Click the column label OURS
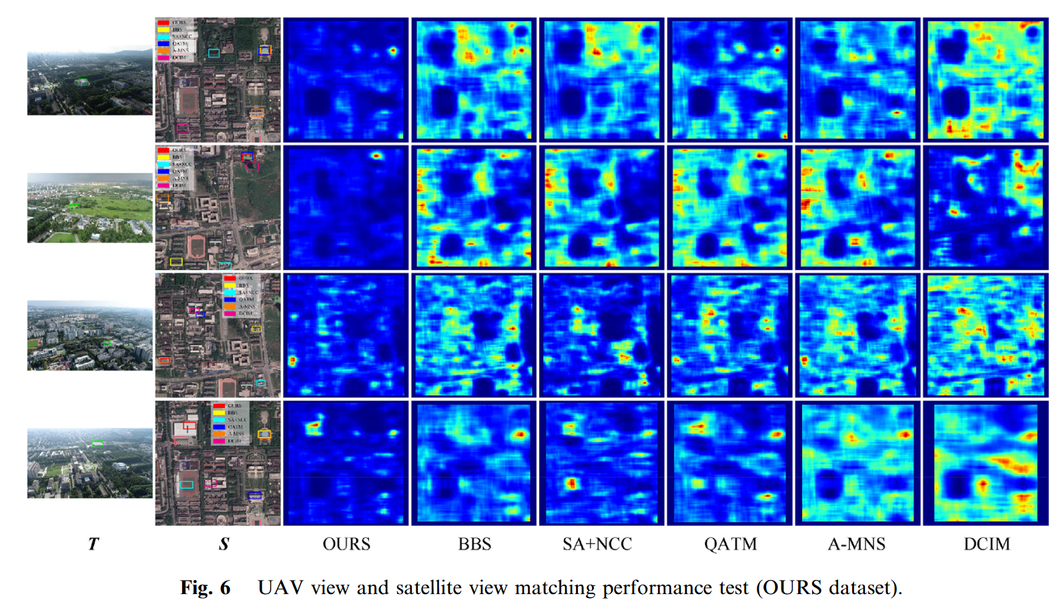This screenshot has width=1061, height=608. (346, 544)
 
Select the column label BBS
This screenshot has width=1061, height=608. (474, 544)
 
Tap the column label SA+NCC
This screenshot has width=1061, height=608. (597, 544)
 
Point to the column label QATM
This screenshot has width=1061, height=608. (730, 544)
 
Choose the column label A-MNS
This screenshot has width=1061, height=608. (856, 544)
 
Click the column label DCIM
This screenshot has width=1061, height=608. (986, 544)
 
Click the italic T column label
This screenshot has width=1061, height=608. (93, 544)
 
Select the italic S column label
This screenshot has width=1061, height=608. (224, 544)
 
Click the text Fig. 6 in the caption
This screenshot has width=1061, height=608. (205, 587)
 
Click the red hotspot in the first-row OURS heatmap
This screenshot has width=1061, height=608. (393, 50)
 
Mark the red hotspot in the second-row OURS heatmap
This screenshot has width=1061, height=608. (376, 156)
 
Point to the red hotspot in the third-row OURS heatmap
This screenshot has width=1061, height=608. (292, 361)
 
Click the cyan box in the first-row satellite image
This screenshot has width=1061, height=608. (214, 53)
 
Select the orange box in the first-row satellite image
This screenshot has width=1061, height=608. (256, 113)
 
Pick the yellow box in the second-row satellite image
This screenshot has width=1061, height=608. (176, 261)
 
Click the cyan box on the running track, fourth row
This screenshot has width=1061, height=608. (187, 485)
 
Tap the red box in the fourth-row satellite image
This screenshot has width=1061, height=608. (190, 425)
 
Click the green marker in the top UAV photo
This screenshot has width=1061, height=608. (83, 82)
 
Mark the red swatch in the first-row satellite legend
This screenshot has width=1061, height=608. (163, 23)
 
